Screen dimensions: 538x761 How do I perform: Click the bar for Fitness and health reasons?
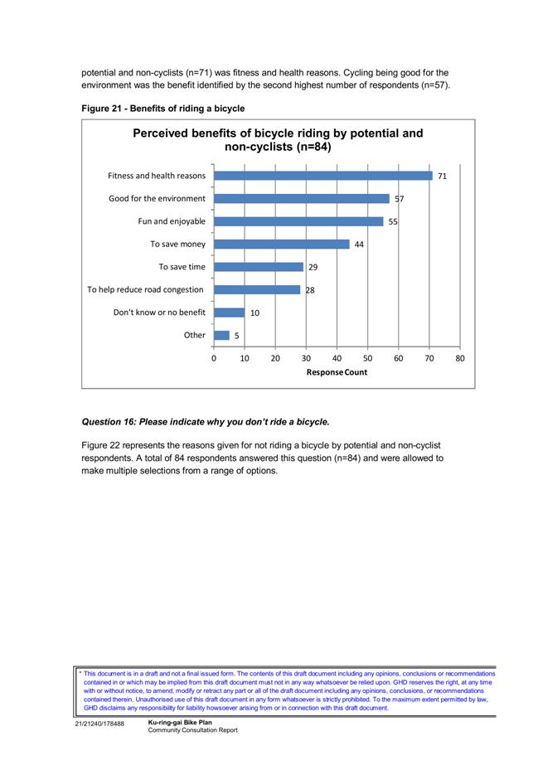coord(323,176)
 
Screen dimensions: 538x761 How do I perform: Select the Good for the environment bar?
coord(301,198)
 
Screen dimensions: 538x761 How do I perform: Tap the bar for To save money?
coord(281,244)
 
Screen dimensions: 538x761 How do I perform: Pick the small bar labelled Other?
coord(221,336)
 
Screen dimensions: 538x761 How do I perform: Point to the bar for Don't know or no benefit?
coord(229,313)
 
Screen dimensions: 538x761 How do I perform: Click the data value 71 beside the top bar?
coord(442,177)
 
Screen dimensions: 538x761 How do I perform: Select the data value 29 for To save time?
coord(313,268)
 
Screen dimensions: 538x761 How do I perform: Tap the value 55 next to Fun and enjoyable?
coord(393,222)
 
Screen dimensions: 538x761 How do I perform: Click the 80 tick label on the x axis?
coord(460,359)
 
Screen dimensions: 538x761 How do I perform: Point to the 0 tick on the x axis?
coord(214,359)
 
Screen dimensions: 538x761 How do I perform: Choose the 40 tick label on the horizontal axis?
coord(337,359)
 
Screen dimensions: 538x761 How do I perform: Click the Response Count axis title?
coord(337,372)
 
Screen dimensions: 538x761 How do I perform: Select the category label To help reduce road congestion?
coord(146,290)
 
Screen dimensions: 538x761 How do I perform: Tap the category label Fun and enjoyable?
coord(172,221)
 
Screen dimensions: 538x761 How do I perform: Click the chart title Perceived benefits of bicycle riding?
coord(278,140)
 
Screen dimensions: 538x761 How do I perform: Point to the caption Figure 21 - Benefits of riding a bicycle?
coord(163,109)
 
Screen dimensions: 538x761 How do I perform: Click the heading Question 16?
coord(206,422)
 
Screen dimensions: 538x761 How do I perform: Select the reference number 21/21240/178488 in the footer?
coord(99,724)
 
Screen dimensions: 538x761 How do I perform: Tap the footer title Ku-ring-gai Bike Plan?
coord(180,722)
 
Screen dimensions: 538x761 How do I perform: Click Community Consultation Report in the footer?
coord(193,730)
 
